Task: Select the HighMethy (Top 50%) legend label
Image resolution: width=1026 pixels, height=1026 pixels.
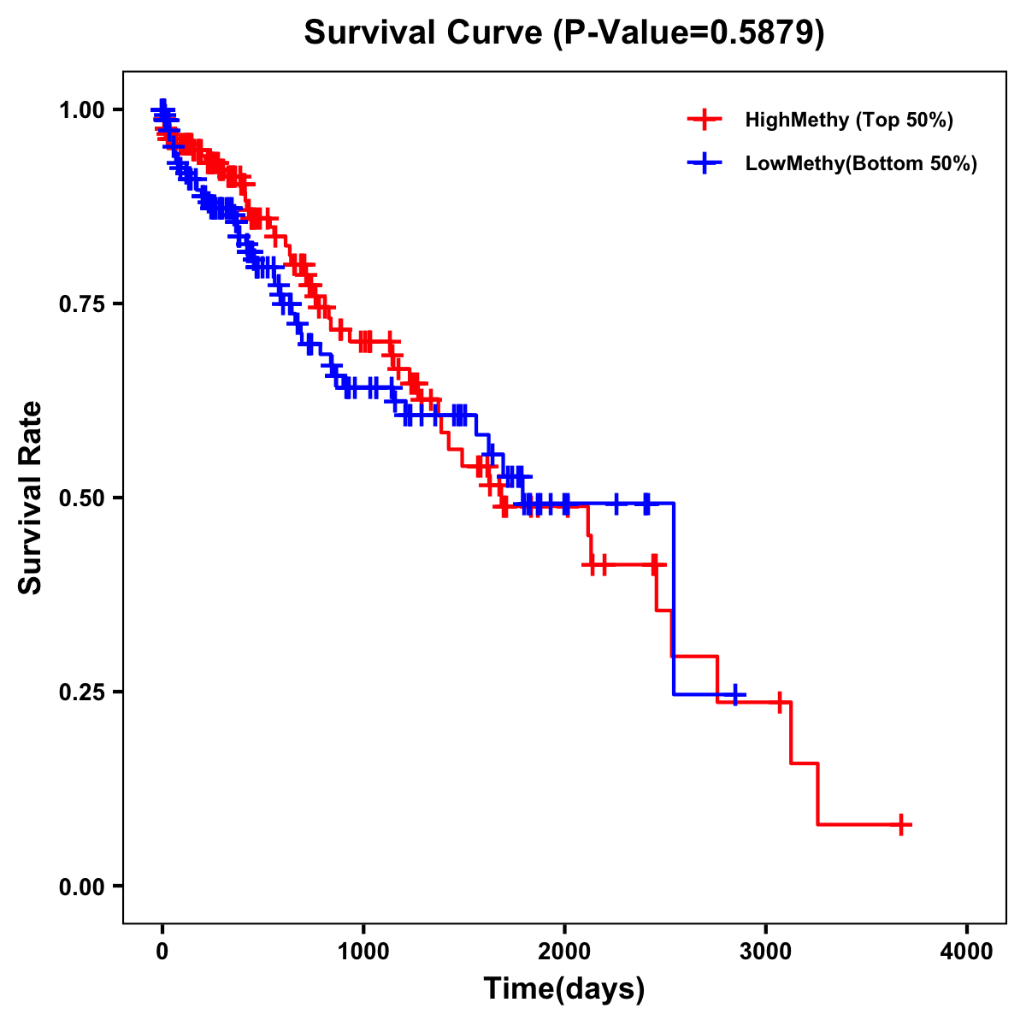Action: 849,120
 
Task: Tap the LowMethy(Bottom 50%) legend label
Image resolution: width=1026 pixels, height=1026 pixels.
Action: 861,163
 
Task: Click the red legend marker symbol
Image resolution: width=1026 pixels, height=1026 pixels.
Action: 705,120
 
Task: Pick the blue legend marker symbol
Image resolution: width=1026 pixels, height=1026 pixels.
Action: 705,163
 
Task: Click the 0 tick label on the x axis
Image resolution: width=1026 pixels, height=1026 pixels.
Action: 162,952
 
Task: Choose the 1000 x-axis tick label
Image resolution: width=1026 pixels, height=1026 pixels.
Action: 363,952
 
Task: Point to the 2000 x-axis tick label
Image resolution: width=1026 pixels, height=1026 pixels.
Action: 564,952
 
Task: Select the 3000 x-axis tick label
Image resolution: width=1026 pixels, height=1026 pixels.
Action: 766,952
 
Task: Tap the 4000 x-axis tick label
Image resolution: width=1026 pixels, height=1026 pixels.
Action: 967,952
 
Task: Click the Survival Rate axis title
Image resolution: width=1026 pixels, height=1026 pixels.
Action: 31,498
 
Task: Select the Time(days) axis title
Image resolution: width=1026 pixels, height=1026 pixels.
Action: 564,989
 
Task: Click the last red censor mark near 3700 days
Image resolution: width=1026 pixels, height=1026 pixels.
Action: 901,824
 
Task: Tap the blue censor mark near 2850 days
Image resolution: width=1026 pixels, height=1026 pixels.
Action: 734,694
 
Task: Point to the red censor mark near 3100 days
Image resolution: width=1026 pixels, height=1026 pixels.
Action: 780,702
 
